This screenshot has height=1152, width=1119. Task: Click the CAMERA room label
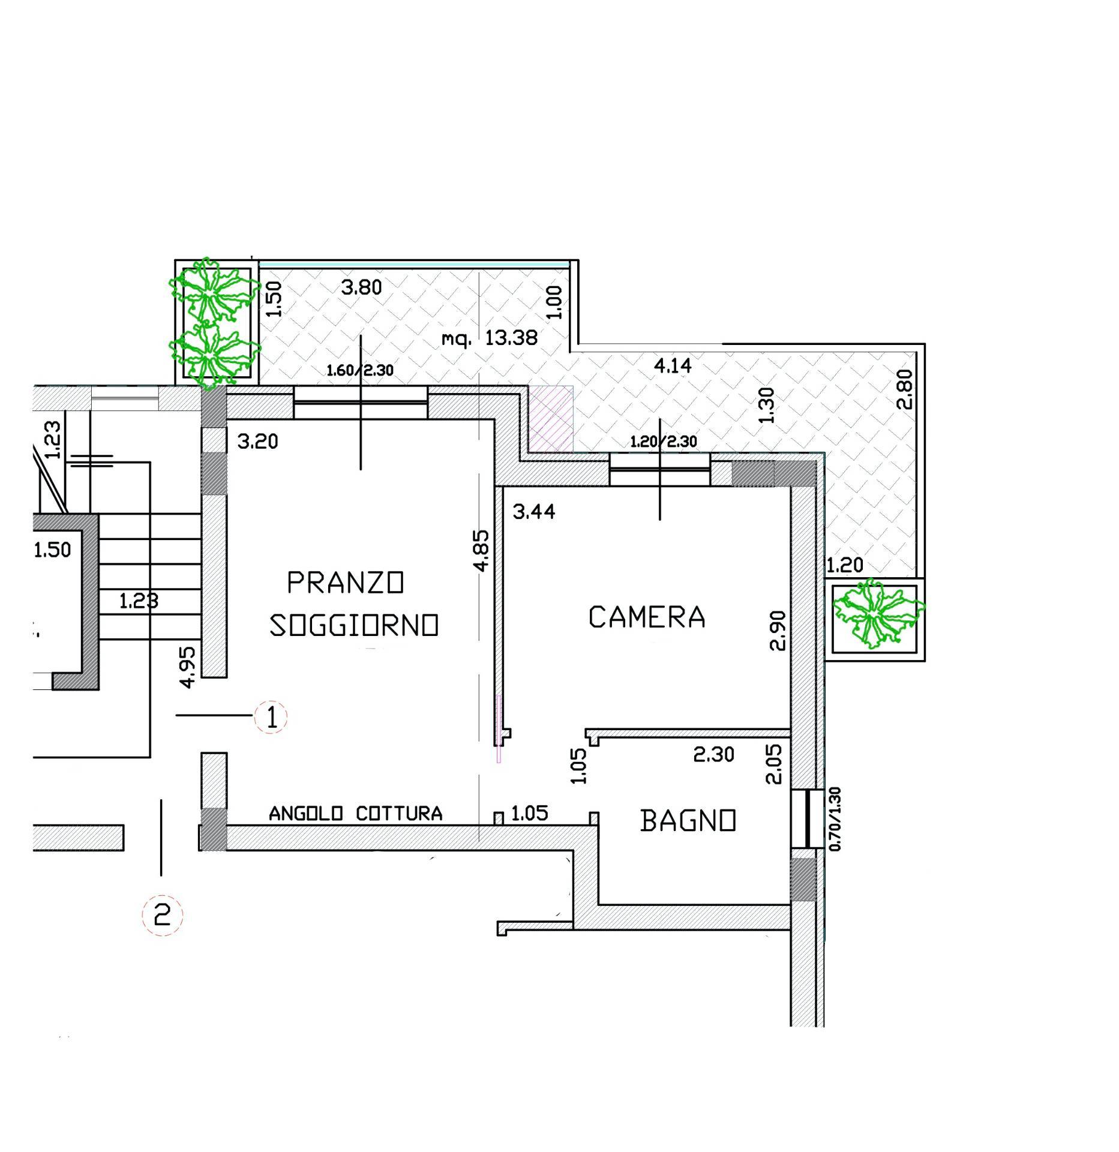646,617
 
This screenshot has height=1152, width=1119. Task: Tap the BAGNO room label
688,821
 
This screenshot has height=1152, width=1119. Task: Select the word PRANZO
346,583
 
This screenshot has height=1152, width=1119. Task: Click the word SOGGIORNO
354,625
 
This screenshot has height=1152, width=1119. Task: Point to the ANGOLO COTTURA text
355,814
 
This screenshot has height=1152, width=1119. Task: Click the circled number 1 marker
271,717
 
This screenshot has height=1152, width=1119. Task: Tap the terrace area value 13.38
511,338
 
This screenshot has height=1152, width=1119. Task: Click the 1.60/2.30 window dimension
360,370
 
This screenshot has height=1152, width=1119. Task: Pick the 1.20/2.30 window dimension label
664,442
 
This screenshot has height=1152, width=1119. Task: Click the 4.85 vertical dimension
482,550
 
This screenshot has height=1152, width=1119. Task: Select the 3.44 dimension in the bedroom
534,512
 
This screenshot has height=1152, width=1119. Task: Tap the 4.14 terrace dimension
673,365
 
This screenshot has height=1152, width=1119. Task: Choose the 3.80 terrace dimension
361,287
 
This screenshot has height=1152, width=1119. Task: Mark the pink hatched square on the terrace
551,418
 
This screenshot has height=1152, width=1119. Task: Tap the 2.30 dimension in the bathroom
713,754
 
